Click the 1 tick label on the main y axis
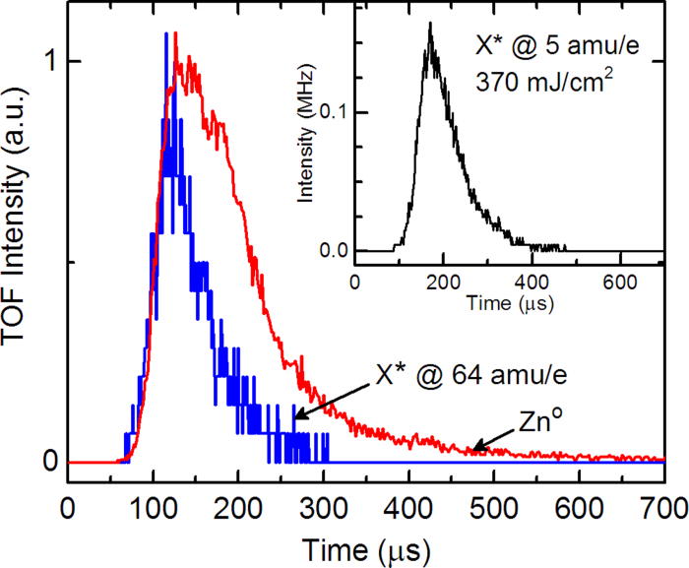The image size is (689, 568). point(43,61)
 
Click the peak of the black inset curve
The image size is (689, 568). point(429,24)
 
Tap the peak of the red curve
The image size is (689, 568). point(175,34)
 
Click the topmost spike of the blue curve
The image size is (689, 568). point(165,34)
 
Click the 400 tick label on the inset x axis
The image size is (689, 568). point(532,279)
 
